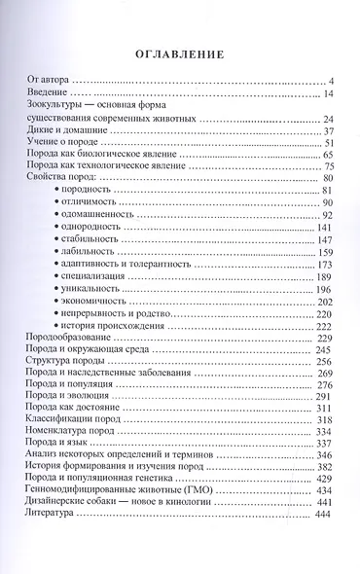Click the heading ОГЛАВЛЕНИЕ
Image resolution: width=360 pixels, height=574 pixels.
pos(180,54)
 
